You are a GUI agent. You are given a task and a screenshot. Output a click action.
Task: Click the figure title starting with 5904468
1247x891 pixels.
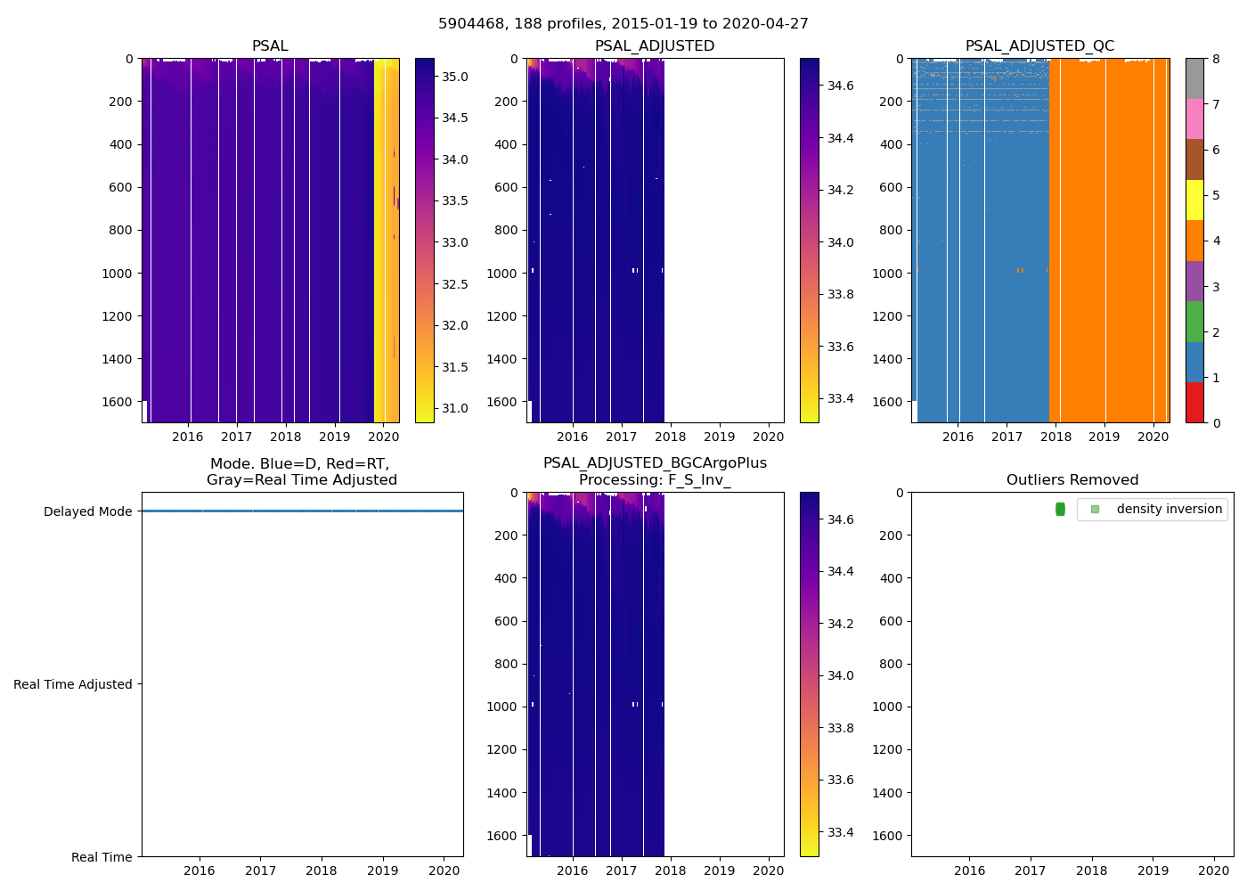[x=623, y=24]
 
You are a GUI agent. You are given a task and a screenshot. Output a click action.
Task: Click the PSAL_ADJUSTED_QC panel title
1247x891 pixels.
[x=1039, y=46]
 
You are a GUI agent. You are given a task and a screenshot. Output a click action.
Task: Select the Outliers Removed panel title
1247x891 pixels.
[x=1072, y=480]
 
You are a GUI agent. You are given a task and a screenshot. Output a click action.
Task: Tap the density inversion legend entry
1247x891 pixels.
[x=1169, y=509]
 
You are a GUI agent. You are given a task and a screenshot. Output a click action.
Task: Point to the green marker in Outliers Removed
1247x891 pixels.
[x=1060, y=509]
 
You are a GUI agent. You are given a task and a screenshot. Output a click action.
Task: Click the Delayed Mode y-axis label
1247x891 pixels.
[x=87, y=511]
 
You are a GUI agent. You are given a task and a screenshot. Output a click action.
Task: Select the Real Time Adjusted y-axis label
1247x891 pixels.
[x=73, y=684]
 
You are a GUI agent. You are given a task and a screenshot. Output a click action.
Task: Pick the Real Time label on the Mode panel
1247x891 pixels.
[x=102, y=857]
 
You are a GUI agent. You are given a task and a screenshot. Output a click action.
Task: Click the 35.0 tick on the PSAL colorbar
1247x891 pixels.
[x=455, y=77]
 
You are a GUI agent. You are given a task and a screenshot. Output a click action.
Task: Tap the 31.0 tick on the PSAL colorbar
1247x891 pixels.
[x=455, y=408]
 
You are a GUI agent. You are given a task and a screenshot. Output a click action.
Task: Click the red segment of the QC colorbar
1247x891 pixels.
[x=1194, y=403]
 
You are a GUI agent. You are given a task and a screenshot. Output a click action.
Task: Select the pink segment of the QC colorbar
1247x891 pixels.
[x=1194, y=119]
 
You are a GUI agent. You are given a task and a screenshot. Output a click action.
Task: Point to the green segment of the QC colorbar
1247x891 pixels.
[x=1194, y=322]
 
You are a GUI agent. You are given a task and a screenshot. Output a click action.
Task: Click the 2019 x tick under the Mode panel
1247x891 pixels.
[x=383, y=871]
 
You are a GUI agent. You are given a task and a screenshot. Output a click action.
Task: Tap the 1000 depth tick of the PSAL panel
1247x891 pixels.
[x=118, y=274]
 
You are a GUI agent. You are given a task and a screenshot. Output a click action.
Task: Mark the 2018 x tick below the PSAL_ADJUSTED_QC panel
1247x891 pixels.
[x=1055, y=437]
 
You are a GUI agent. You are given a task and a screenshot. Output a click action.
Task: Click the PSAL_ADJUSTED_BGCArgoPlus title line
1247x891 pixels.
[x=655, y=463]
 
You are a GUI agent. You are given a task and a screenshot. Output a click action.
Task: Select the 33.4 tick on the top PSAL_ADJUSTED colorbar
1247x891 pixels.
[x=840, y=398]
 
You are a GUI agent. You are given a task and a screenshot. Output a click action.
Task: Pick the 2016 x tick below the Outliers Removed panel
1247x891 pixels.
[x=969, y=871]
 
